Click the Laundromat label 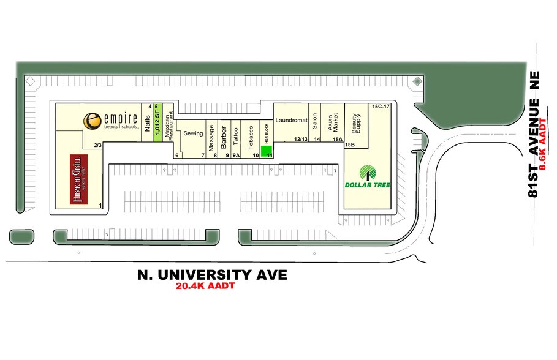[290, 120]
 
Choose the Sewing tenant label [193, 133]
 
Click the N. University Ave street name [212, 275]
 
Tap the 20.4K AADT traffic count [205, 286]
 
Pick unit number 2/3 [97, 145]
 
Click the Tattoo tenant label [235, 135]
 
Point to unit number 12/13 [300, 140]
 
